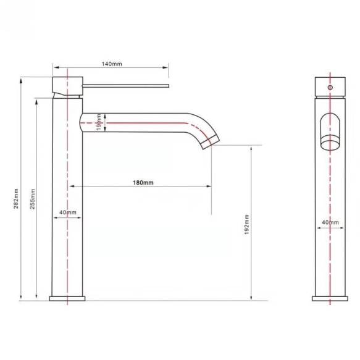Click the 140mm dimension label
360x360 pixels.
tap(111, 63)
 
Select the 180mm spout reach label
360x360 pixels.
tap(143, 183)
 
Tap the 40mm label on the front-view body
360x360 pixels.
tap(330, 222)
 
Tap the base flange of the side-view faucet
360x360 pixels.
tap(67, 299)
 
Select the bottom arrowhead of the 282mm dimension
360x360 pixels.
tap(22, 299)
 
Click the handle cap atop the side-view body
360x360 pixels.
tap(67, 86)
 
